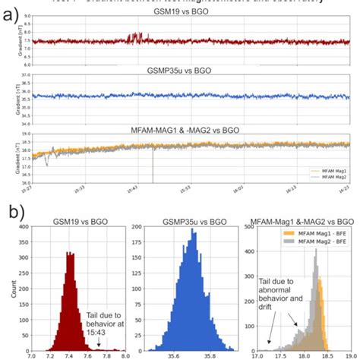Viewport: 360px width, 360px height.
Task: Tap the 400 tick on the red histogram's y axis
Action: [x=24, y=226]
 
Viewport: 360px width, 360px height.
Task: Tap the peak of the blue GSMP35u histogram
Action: [x=193, y=232]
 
